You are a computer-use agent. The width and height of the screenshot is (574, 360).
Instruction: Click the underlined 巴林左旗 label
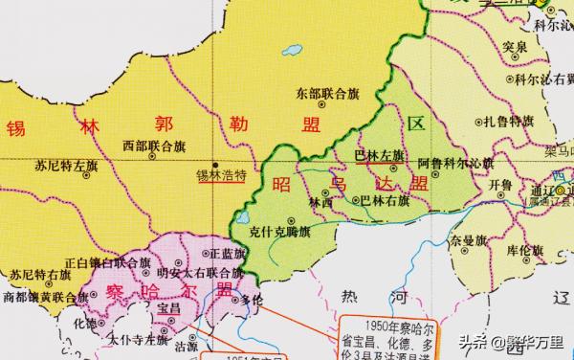(380, 155)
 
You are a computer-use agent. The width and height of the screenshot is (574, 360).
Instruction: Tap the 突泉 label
(515, 47)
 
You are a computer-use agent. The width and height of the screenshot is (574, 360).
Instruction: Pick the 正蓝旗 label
(226, 254)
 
